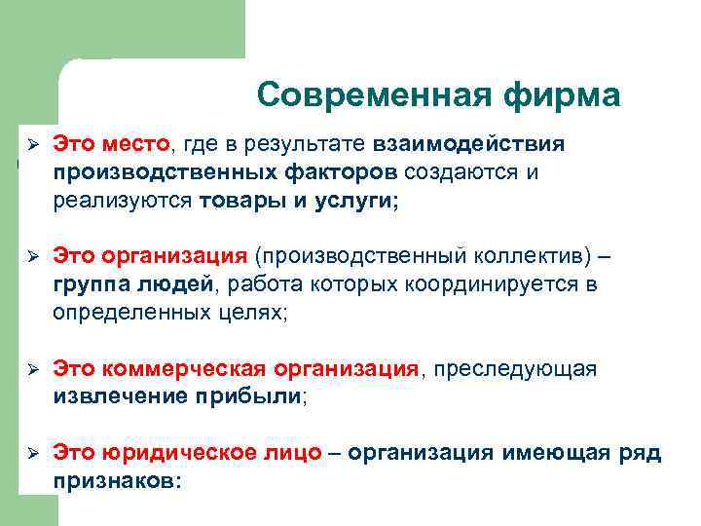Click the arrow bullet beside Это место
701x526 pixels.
point(31,144)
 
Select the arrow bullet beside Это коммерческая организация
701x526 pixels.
point(31,370)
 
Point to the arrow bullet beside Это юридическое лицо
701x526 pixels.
point(31,453)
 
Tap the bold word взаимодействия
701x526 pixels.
point(466,144)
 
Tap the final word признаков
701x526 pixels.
point(117,481)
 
